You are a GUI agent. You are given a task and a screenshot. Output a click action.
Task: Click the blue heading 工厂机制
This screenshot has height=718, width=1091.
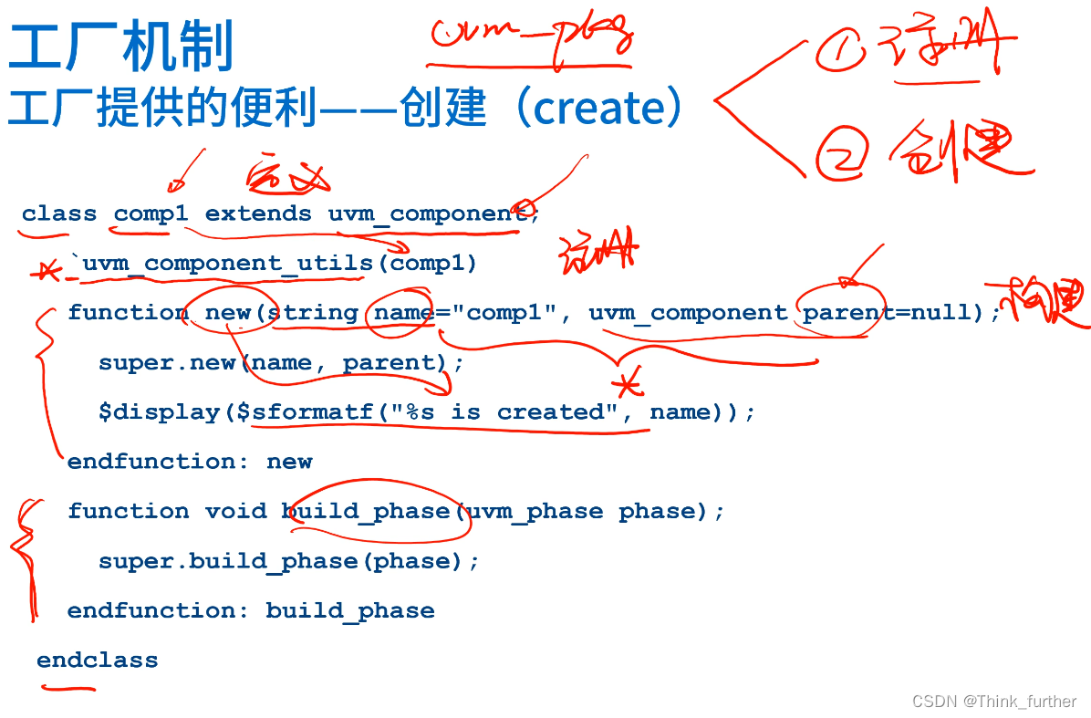(121, 47)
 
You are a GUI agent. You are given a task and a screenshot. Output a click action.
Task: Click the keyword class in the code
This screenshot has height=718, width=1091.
(59, 213)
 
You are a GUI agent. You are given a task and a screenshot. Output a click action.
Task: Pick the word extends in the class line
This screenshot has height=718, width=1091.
(258, 213)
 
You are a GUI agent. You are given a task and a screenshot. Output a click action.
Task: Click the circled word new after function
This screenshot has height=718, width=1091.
(228, 313)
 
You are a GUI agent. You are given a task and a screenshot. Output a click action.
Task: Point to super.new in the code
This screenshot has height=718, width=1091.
(168, 362)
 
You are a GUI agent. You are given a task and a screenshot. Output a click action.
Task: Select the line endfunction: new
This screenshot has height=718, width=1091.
(190, 462)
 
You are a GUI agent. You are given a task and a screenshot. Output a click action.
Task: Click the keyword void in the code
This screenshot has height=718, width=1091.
(235, 511)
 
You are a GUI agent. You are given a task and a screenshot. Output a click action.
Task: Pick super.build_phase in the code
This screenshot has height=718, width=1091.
(228, 561)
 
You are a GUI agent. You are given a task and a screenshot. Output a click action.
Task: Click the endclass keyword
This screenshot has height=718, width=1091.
(97, 661)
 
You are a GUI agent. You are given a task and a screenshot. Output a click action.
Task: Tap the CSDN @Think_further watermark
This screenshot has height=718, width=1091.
(994, 702)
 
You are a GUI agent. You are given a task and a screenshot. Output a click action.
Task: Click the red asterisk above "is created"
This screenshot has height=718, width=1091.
(628, 383)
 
